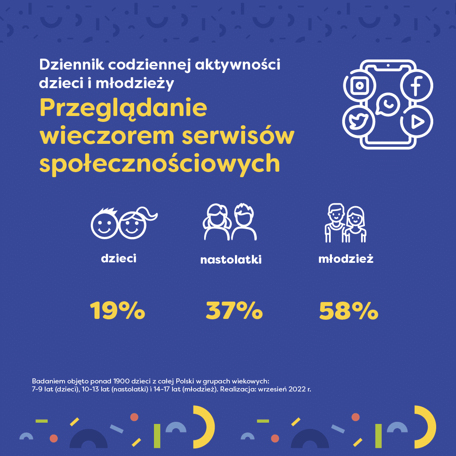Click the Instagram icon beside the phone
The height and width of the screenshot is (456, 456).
pyautogui.click(x=359, y=86)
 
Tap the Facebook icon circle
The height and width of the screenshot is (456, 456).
pyautogui.click(x=416, y=86)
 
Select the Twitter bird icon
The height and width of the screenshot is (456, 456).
pyautogui.click(x=359, y=122)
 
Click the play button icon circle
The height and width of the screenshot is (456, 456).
pyautogui.click(x=417, y=122)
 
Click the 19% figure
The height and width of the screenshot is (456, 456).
pyautogui.click(x=117, y=311)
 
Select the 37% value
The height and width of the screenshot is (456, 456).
pyautogui.click(x=234, y=311)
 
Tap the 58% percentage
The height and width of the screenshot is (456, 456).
pyautogui.click(x=348, y=311)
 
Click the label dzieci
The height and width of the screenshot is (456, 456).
pyautogui.click(x=119, y=258)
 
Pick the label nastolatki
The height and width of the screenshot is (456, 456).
pyautogui.click(x=231, y=259)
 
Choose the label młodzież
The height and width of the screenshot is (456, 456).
pyautogui.click(x=346, y=259)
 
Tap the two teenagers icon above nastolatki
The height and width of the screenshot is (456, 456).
pyautogui.click(x=230, y=222)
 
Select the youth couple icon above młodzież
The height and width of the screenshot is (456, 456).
pyautogui.click(x=345, y=224)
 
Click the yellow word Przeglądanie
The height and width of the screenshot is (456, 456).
pyautogui.click(x=123, y=109)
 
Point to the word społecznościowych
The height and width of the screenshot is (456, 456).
pyautogui.click(x=159, y=164)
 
